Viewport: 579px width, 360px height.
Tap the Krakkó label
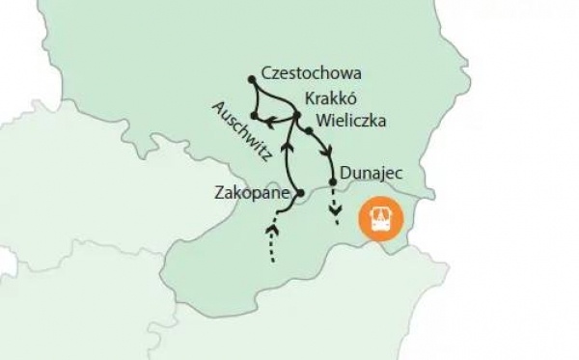coord(332,99)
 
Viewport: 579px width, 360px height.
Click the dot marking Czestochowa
coord(251,78)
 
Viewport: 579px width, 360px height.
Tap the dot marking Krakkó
coord(296,116)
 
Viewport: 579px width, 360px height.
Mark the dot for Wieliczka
coord(309,129)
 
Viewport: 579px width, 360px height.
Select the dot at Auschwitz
coord(253,116)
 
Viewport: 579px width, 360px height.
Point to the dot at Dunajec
coord(334,182)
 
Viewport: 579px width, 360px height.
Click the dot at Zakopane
coord(299,194)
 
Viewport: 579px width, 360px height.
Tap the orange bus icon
coord(383,220)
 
